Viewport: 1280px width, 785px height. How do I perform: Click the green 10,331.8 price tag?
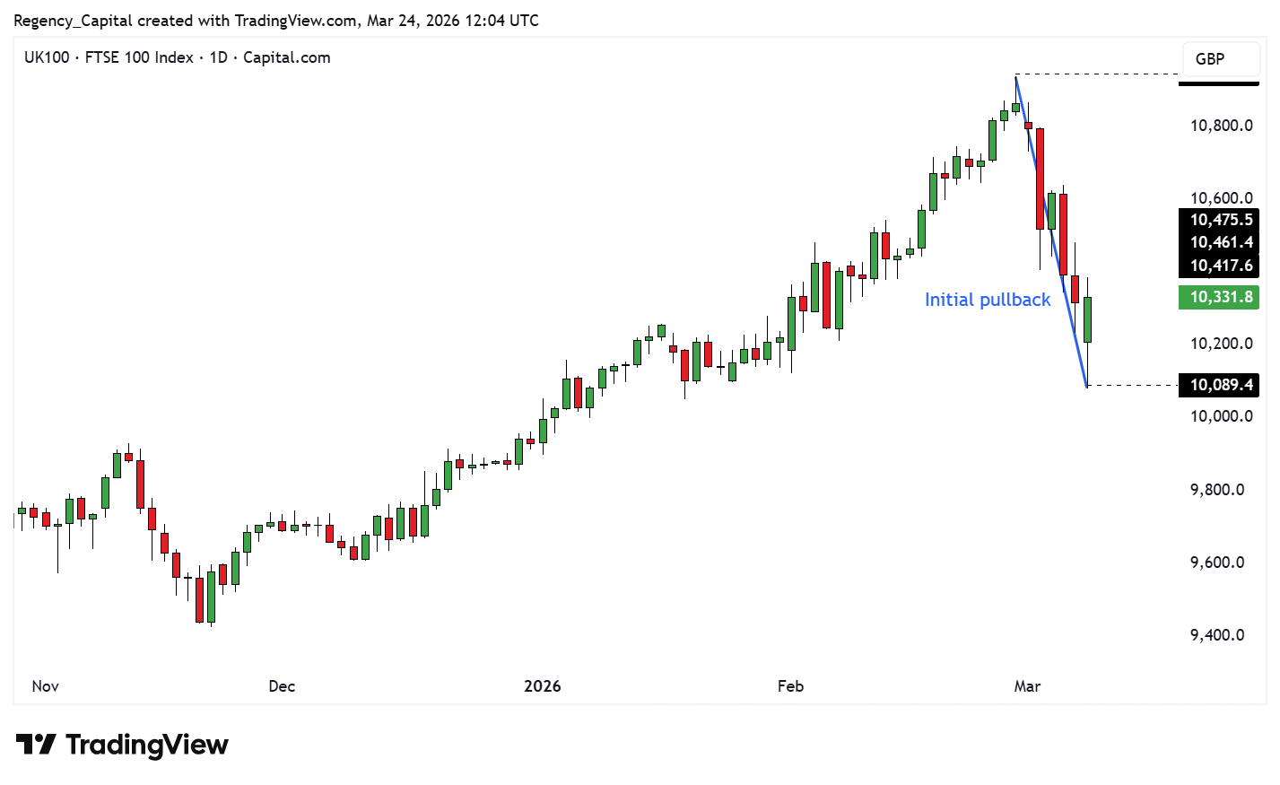(1219, 297)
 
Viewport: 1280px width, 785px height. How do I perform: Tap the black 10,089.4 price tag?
(1219, 385)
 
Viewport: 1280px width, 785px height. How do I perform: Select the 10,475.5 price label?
(1219, 220)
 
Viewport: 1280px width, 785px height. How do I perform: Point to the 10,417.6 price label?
(1219, 266)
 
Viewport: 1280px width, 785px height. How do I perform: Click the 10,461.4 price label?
(1219, 242)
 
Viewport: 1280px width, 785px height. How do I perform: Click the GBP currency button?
(1209, 59)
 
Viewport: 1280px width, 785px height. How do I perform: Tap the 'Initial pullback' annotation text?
(987, 300)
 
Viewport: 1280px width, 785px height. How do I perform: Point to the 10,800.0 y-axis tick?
(1221, 126)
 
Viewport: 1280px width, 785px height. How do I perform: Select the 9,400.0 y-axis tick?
(1217, 635)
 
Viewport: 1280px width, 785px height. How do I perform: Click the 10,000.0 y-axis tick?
(1221, 416)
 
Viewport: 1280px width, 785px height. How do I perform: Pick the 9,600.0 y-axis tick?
(1217, 563)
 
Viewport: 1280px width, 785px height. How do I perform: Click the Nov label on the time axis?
(45, 686)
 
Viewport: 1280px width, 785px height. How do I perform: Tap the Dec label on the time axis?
(282, 686)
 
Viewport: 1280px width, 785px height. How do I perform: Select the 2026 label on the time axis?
(543, 686)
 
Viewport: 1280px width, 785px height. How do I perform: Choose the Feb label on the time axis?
(790, 686)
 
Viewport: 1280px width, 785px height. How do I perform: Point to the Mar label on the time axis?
(1027, 686)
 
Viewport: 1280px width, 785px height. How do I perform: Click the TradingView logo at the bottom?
(122, 745)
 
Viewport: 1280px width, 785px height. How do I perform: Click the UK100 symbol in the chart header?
(47, 57)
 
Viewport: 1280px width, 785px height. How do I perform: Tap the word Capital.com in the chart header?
(287, 57)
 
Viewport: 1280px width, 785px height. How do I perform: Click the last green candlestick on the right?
(1087, 319)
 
